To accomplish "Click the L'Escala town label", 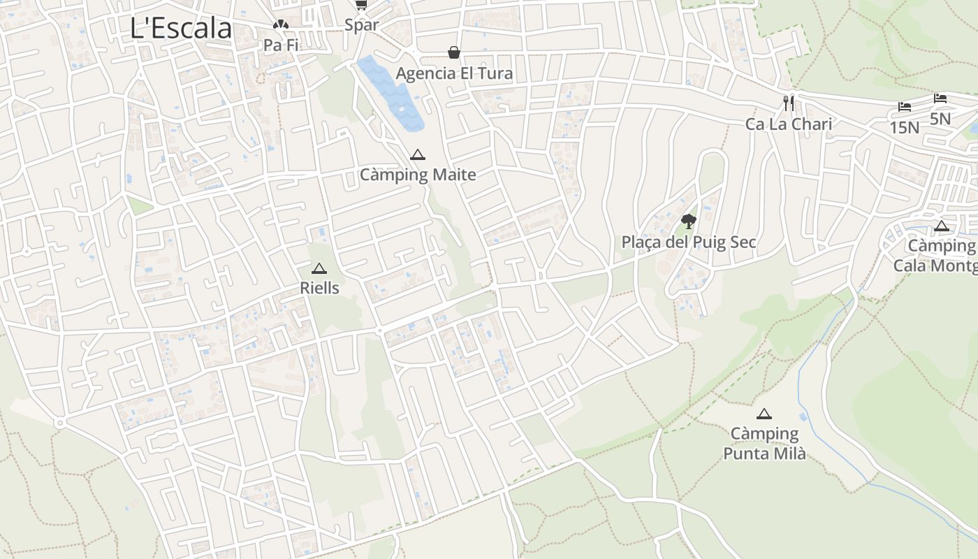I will (x=181, y=29).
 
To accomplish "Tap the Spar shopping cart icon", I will (x=360, y=6).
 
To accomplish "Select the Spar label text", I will (x=362, y=25).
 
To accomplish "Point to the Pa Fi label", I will (x=281, y=45).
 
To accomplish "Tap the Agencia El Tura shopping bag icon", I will (x=454, y=52).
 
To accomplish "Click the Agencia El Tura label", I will (x=454, y=73).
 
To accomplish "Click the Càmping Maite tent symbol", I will (x=418, y=154).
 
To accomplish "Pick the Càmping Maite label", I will (x=418, y=175).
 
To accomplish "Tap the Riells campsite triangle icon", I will (x=319, y=268).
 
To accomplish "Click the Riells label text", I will (x=319, y=288).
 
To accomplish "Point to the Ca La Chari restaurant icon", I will (x=789, y=103).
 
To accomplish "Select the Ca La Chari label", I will (x=789, y=124).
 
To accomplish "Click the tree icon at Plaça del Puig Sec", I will (x=689, y=222).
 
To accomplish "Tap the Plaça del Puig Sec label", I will (x=689, y=242).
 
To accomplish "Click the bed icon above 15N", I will (x=905, y=107).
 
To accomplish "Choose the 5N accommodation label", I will (x=940, y=119).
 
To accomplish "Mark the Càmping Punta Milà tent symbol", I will (x=764, y=414).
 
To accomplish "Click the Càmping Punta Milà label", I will (x=764, y=444).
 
